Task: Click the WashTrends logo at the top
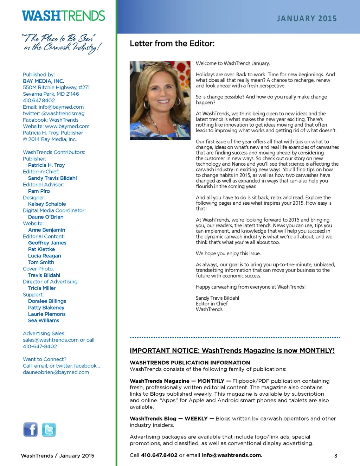63,16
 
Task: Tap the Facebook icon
31,429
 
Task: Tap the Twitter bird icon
49,429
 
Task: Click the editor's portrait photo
160,100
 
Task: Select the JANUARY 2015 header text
307,19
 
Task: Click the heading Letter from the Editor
172,44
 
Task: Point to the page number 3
336,455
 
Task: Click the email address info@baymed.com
61,107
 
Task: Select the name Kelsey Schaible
47,204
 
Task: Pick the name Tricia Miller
42,288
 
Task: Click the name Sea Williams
44,320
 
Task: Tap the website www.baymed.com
67,126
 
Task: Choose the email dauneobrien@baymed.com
56,372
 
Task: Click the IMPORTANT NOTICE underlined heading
232,351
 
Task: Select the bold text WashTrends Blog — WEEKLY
169,419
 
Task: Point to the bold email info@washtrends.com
232,455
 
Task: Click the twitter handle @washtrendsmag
63,113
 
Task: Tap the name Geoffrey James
47,243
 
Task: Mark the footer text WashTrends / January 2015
58,455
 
